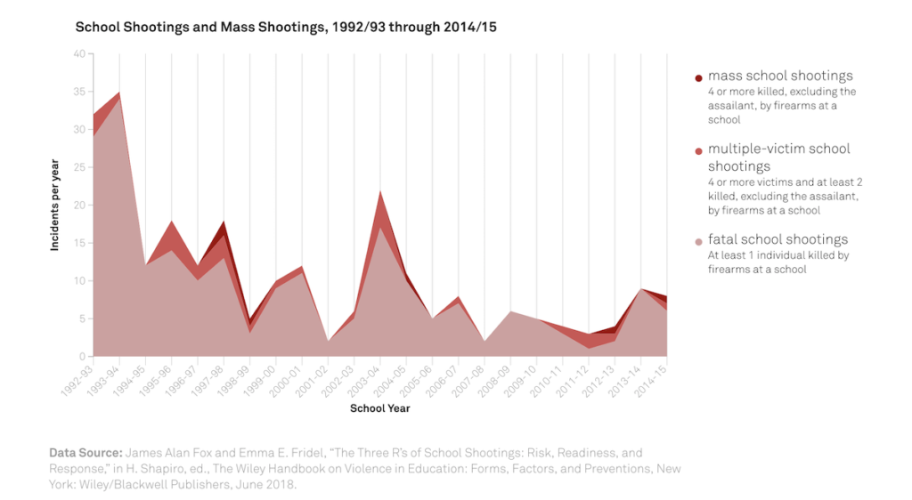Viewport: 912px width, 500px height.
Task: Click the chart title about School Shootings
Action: [x=286, y=27]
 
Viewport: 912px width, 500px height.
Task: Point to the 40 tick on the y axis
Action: [x=79, y=54]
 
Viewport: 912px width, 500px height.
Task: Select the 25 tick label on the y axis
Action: [x=79, y=167]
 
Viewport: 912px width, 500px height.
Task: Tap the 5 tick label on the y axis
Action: [x=82, y=319]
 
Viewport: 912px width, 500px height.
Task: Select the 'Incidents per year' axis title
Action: [x=55, y=206]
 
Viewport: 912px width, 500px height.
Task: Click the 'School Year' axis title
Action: [x=380, y=409]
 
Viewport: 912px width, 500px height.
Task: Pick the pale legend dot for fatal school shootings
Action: [x=699, y=241]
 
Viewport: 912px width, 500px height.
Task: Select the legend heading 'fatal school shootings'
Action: [x=778, y=239]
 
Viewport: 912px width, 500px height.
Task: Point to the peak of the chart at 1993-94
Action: [x=119, y=93]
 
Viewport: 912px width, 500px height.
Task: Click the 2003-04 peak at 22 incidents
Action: [x=380, y=190]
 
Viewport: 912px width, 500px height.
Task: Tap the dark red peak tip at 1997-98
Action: [x=224, y=222]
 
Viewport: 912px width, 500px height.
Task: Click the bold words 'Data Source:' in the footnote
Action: [x=85, y=453]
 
